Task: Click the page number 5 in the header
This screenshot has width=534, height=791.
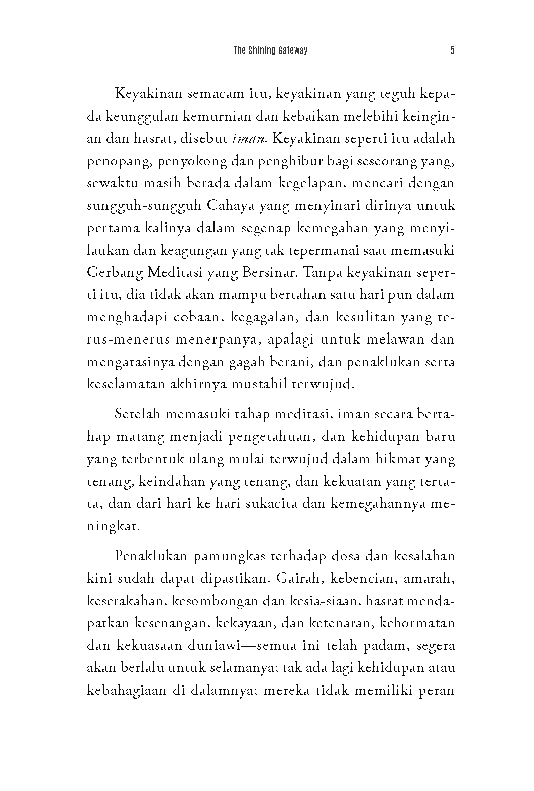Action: point(452,51)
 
